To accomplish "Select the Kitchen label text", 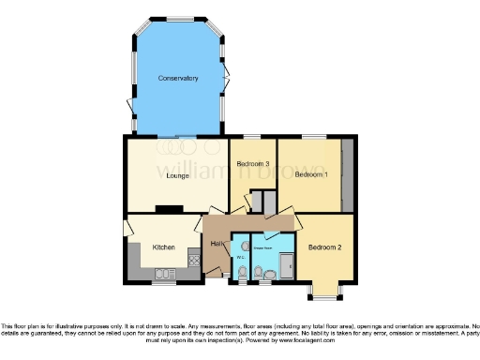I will click(164, 247).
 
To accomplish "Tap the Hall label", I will click(216, 244).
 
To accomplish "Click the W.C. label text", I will click(241, 253).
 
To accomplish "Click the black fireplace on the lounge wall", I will click(169, 209).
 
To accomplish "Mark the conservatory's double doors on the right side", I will click(227, 79).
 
